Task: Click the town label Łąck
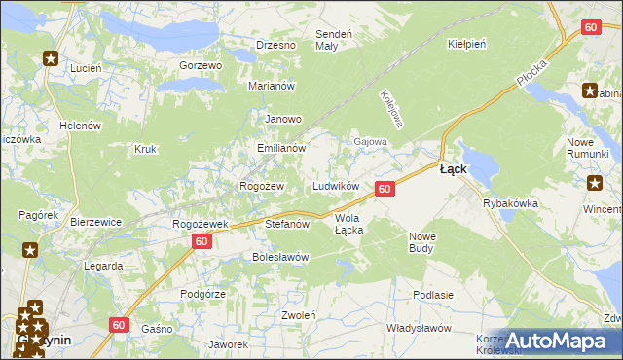(453, 168)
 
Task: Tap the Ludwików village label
(336, 186)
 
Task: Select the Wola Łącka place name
(348, 224)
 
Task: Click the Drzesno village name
(275, 45)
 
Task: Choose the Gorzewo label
(202, 65)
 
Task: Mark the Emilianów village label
(281, 149)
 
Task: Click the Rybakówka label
(511, 203)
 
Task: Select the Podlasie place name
(433, 295)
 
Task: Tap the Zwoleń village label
(298, 315)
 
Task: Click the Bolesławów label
(280, 258)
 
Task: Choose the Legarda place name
(103, 265)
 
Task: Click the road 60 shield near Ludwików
(385, 189)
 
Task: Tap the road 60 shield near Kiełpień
(590, 28)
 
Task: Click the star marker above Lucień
(51, 57)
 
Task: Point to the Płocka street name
(533, 70)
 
